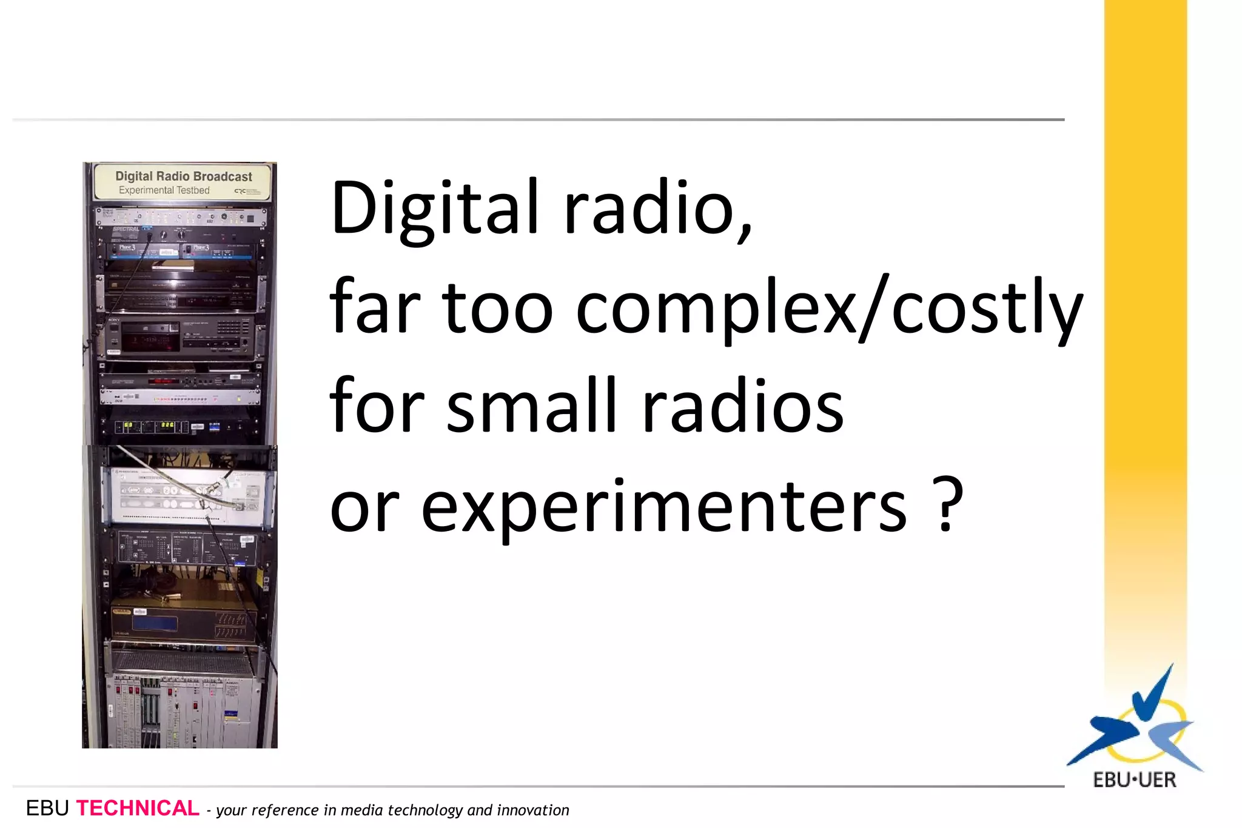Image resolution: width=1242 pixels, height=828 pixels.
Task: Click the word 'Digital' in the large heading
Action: tap(434, 208)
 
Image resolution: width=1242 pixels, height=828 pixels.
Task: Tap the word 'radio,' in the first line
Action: tap(659, 208)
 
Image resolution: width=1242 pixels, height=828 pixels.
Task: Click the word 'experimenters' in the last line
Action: tap(664, 506)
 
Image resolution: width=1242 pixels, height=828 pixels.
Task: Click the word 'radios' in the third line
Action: tap(742, 406)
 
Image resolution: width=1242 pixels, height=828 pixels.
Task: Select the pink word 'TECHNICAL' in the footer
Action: tap(138, 809)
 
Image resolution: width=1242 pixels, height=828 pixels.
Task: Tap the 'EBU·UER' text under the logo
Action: tap(1134, 780)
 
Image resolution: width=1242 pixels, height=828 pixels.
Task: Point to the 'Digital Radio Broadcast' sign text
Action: tap(184, 176)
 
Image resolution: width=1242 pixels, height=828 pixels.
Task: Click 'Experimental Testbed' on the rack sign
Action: tap(164, 190)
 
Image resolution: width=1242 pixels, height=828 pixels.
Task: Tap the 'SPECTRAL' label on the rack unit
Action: tap(126, 229)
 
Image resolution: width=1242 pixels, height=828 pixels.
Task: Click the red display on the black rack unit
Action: tap(164, 381)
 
